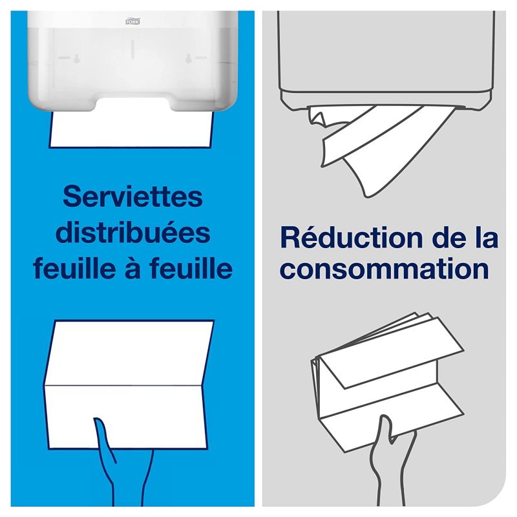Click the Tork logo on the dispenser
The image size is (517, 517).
click(x=132, y=21)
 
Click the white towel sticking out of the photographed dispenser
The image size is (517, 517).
click(x=132, y=129)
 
